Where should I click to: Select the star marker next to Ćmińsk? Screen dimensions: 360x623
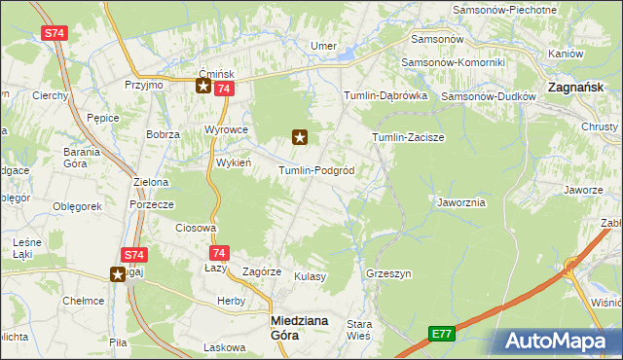pos(203,86)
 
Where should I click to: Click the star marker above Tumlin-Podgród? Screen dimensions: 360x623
pos(300,137)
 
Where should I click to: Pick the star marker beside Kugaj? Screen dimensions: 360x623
pos(118,274)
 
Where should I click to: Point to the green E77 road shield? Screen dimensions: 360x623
pos(442,334)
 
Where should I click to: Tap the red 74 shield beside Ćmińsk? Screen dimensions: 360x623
pos(224,89)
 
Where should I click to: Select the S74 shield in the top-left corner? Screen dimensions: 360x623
pos(55,33)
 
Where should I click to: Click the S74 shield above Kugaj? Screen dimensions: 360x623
pos(133,255)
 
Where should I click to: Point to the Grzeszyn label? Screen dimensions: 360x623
pos(385,273)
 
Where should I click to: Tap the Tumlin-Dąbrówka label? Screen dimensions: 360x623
pos(385,95)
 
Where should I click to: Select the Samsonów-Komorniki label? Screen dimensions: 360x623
pos(455,62)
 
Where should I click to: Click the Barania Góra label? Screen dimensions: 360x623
pos(83,158)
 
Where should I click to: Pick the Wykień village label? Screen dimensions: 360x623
pos(234,162)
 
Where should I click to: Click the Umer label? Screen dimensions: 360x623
pos(323,46)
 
